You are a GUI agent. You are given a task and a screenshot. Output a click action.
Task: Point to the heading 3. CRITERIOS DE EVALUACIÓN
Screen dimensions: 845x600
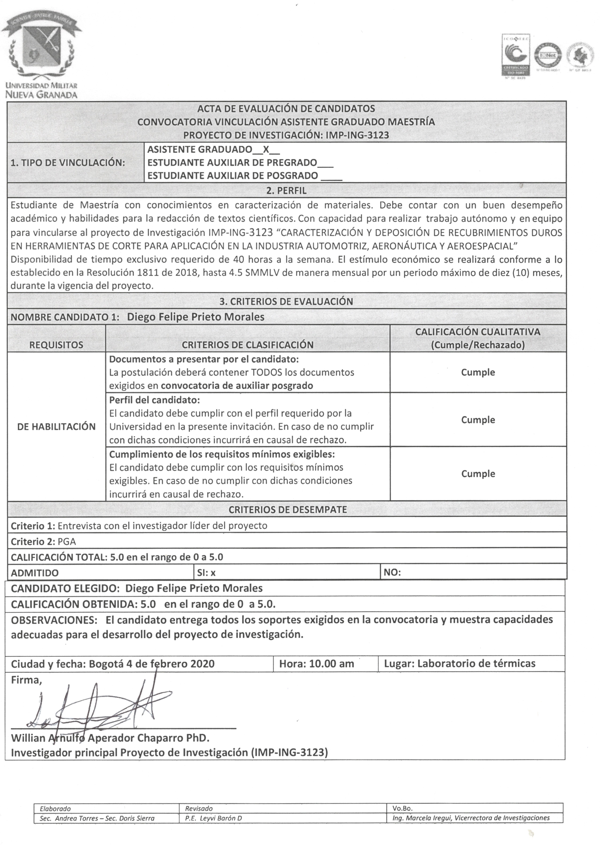point(286,301)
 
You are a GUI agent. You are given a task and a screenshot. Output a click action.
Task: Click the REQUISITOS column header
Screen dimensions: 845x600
point(56,345)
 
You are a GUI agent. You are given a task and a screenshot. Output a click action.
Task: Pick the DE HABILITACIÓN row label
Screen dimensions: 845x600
point(56,427)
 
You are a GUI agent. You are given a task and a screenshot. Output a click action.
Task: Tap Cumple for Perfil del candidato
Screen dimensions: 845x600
point(478,420)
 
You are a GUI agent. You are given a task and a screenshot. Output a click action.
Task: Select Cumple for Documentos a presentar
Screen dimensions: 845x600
point(478,372)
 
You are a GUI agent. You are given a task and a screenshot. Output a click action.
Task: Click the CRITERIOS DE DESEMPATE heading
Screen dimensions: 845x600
point(288,510)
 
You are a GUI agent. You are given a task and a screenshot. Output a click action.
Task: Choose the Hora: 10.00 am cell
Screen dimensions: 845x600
point(316,664)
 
